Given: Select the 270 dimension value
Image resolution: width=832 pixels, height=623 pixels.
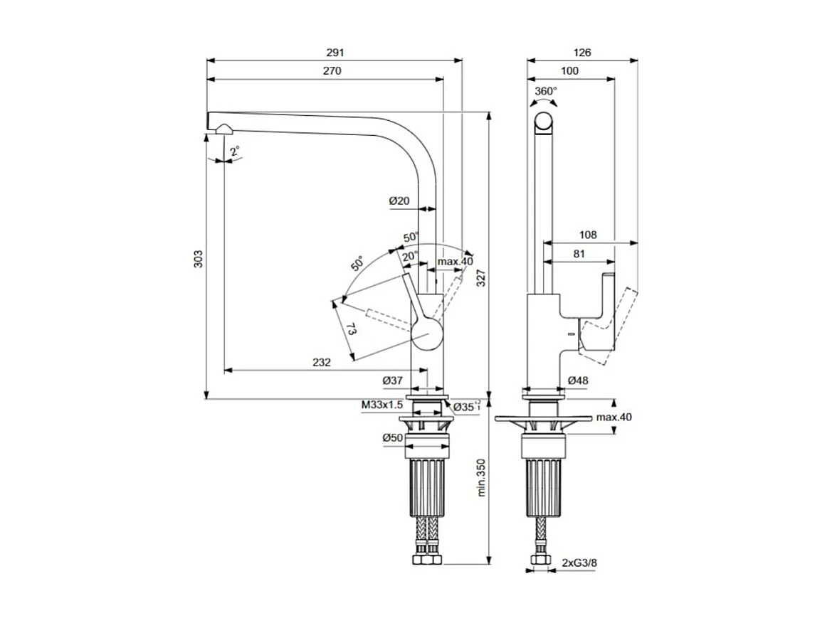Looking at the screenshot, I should point(332,71).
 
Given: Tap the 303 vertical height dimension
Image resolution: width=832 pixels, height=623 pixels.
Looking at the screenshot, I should point(199,259).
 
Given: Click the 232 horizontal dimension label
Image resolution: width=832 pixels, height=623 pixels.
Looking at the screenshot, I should point(321,362).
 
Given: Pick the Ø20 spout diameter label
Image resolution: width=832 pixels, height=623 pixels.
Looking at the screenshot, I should point(399,201).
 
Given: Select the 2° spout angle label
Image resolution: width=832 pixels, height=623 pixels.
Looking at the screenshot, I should point(235,151).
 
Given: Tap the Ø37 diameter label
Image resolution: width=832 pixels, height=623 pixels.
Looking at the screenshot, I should point(392,381).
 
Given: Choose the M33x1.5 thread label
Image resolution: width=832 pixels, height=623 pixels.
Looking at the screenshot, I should point(381,405).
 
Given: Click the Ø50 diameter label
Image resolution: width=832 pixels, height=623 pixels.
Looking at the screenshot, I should point(393,437).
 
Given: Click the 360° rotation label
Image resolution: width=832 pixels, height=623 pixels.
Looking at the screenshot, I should point(546,91).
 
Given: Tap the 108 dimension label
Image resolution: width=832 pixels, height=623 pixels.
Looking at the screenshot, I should point(587,235).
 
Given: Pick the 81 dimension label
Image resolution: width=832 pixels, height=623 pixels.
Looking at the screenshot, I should point(579,253).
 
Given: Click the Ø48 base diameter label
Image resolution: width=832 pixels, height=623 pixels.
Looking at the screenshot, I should point(578,381).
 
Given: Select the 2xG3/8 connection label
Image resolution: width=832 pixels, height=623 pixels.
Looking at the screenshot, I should point(579,563).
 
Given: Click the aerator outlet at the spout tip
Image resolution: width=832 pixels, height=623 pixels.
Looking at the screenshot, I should point(223,129).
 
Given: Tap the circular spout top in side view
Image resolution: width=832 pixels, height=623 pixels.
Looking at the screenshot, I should point(546,122).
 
